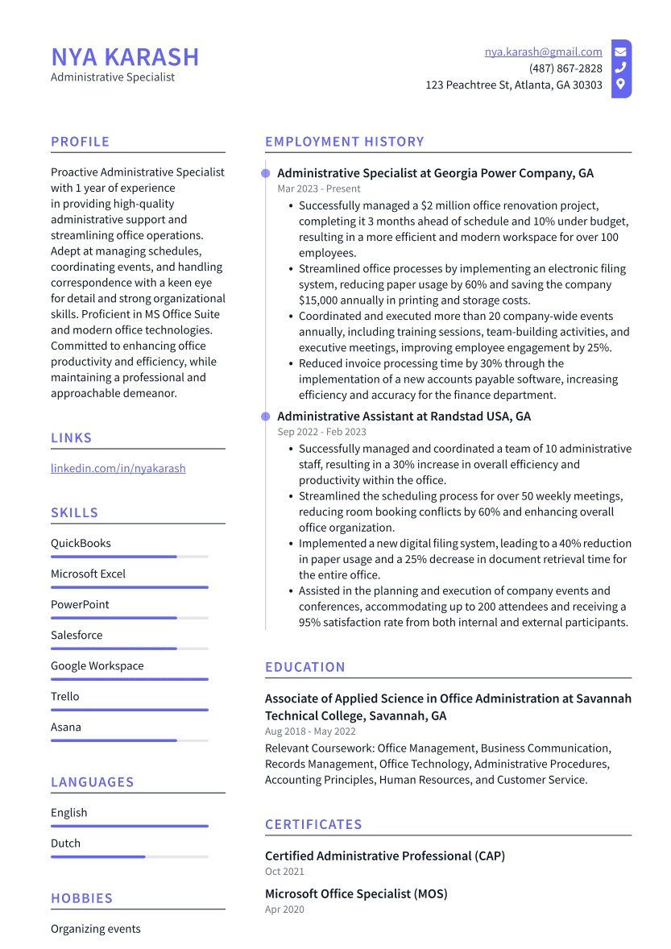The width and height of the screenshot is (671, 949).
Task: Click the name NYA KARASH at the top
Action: pyautogui.click(x=125, y=57)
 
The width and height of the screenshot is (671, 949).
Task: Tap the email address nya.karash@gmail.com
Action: pyautogui.click(x=543, y=52)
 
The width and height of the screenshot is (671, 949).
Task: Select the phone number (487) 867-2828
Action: pyautogui.click(x=565, y=68)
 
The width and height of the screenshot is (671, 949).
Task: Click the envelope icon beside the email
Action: pyautogui.click(x=620, y=52)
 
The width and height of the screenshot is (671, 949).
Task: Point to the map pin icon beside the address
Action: pyautogui.click(x=620, y=85)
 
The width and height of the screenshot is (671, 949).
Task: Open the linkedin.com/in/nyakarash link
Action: pyautogui.click(x=118, y=468)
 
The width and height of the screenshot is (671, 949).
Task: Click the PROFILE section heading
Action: pyautogui.click(x=80, y=142)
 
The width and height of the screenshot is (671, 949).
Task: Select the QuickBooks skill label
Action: pyautogui.click(x=81, y=543)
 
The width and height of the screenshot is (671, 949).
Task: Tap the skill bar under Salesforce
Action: pyautogui.click(x=129, y=649)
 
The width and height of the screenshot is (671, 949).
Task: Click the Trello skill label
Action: pyautogui.click(x=65, y=696)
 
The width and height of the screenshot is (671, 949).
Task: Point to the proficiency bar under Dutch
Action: pyautogui.click(x=129, y=857)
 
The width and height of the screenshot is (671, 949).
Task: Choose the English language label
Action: pyautogui.click(x=68, y=813)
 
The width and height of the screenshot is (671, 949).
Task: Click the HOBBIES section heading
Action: pyautogui.click(x=81, y=898)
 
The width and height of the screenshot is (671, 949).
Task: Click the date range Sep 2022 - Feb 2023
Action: pyautogui.click(x=321, y=432)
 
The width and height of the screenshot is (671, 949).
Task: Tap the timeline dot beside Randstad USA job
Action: pyautogui.click(x=265, y=416)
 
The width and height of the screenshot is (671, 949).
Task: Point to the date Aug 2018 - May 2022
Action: pyautogui.click(x=310, y=731)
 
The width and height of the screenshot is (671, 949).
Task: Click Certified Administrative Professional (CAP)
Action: pyautogui.click(x=385, y=856)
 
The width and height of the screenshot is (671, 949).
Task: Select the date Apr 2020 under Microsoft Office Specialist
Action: pyautogui.click(x=284, y=910)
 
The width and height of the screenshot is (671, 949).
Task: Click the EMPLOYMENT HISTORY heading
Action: pyautogui.click(x=344, y=142)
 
